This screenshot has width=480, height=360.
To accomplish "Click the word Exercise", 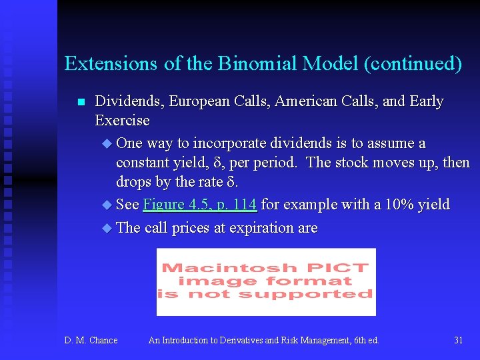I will [122, 121].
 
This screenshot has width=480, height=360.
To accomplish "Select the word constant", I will [142, 163].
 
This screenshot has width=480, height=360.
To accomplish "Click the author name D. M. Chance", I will [91, 340].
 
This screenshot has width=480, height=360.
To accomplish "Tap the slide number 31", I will [458, 340].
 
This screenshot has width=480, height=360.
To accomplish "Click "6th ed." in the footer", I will [365, 340].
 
